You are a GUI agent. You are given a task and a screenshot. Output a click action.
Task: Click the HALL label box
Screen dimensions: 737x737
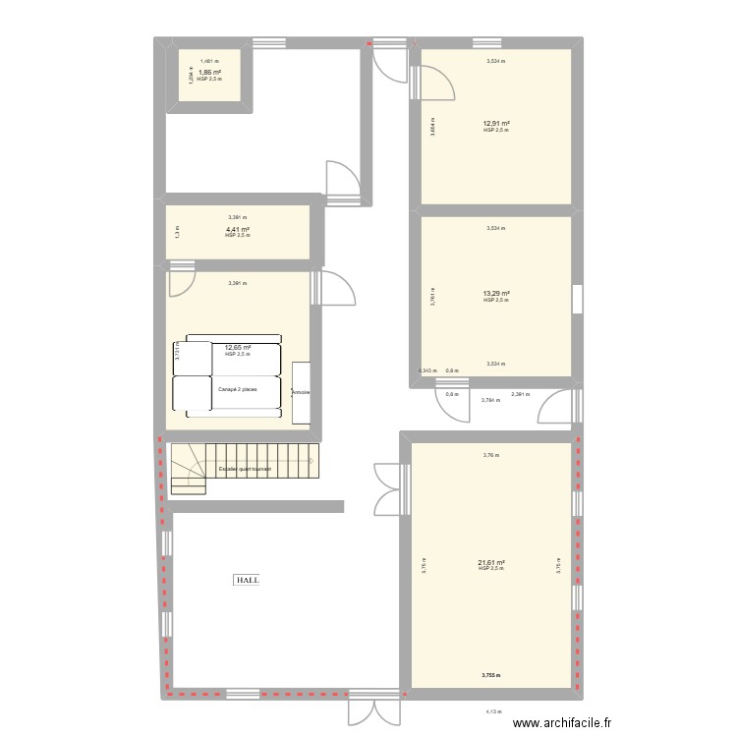click(247, 580)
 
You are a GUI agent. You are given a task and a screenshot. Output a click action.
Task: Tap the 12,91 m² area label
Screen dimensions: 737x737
click(495, 123)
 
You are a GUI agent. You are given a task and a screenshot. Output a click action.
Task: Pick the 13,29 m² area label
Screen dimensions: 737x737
click(495, 293)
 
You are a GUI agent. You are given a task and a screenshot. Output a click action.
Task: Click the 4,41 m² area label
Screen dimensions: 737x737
click(237, 230)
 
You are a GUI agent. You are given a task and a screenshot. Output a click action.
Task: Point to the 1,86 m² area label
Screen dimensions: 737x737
click(209, 72)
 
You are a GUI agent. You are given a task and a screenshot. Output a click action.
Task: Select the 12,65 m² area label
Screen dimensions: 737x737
click(238, 347)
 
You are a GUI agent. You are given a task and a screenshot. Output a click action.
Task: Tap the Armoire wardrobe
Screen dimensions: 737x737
click(301, 393)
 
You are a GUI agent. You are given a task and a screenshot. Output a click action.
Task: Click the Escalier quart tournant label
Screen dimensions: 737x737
click(245, 469)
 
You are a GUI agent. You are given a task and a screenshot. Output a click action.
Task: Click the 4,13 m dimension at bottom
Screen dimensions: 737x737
click(492, 712)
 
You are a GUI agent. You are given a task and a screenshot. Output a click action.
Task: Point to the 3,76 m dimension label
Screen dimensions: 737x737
click(491, 455)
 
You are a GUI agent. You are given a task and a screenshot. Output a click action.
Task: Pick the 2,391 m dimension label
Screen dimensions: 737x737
click(520, 394)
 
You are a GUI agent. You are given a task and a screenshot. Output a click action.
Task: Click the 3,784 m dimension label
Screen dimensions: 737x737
click(488, 400)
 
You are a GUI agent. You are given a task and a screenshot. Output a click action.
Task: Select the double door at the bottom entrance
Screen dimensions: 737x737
click(375, 710)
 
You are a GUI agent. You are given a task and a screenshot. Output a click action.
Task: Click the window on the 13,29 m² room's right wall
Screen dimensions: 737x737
click(577, 299)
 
